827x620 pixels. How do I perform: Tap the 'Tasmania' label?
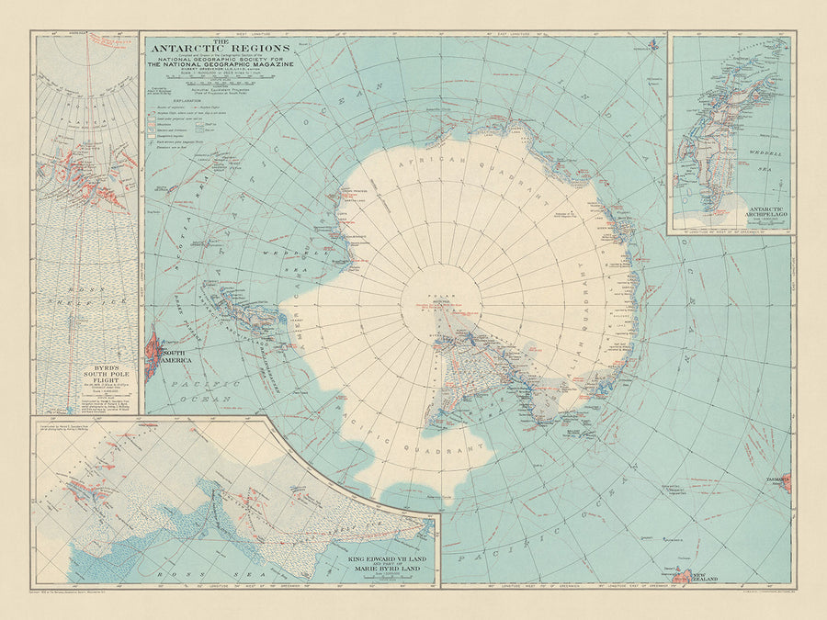pos(770,479)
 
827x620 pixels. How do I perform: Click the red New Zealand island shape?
pos(684,576)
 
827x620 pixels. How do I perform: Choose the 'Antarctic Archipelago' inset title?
pos(730,214)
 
